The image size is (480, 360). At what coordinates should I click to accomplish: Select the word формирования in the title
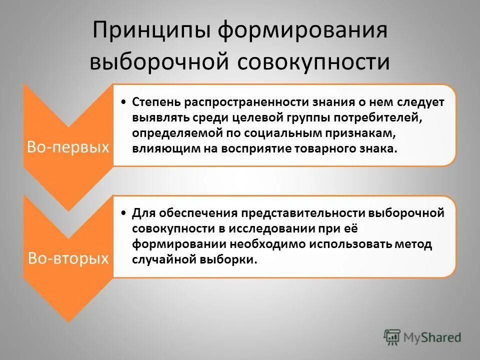tap(299, 31)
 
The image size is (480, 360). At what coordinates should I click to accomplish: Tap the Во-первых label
tap(68, 147)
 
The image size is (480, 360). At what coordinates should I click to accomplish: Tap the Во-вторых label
tap(68, 258)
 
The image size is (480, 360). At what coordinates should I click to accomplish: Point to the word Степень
tap(156, 101)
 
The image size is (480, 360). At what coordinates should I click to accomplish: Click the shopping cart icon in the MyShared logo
tap(392, 337)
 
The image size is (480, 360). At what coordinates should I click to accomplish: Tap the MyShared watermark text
tap(432, 337)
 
